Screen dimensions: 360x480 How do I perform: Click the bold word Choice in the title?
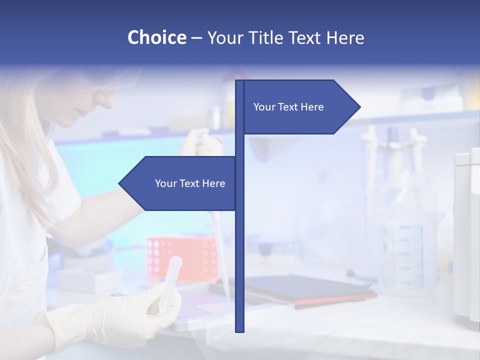[156, 37]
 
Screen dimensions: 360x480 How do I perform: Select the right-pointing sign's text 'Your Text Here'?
[288, 107]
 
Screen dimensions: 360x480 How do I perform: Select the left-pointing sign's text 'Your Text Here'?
[190, 183]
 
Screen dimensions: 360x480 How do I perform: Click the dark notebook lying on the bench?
[295, 290]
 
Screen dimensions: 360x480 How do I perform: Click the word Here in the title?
[345, 37]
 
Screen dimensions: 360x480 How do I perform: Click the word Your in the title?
[224, 37]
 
